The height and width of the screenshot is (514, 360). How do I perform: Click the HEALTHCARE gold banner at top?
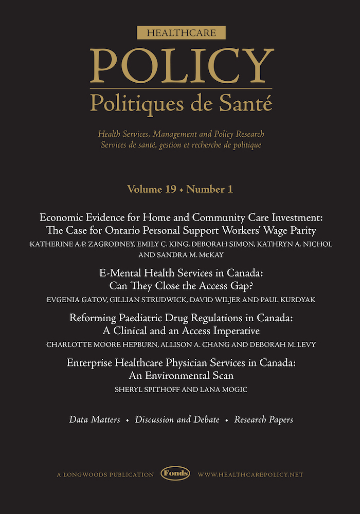(x=181, y=33)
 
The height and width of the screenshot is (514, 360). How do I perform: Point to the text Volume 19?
(x=152, y=189)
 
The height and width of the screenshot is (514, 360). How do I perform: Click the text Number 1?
(x=210, y=189)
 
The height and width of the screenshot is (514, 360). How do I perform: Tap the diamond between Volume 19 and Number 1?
(x=181, y=190)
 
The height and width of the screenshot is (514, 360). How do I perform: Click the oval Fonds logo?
(x=175, y=474)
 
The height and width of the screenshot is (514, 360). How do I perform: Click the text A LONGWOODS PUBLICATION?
(x=105, y=474)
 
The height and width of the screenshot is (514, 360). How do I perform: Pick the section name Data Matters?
(x=95, y=420)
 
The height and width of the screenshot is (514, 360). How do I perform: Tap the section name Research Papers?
(x=264, y=420)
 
